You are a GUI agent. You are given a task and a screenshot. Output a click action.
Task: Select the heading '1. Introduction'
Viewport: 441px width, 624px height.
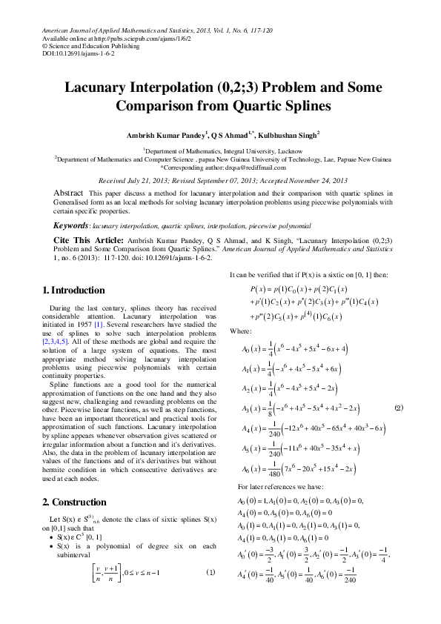tap(74, 291)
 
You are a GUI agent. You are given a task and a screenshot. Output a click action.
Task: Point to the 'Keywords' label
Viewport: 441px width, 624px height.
tap(71, 225)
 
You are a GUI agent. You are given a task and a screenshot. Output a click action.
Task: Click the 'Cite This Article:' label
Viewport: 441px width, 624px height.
tap(87, 242)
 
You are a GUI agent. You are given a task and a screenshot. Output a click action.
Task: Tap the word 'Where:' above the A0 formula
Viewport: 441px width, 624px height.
tap(241, 331)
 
